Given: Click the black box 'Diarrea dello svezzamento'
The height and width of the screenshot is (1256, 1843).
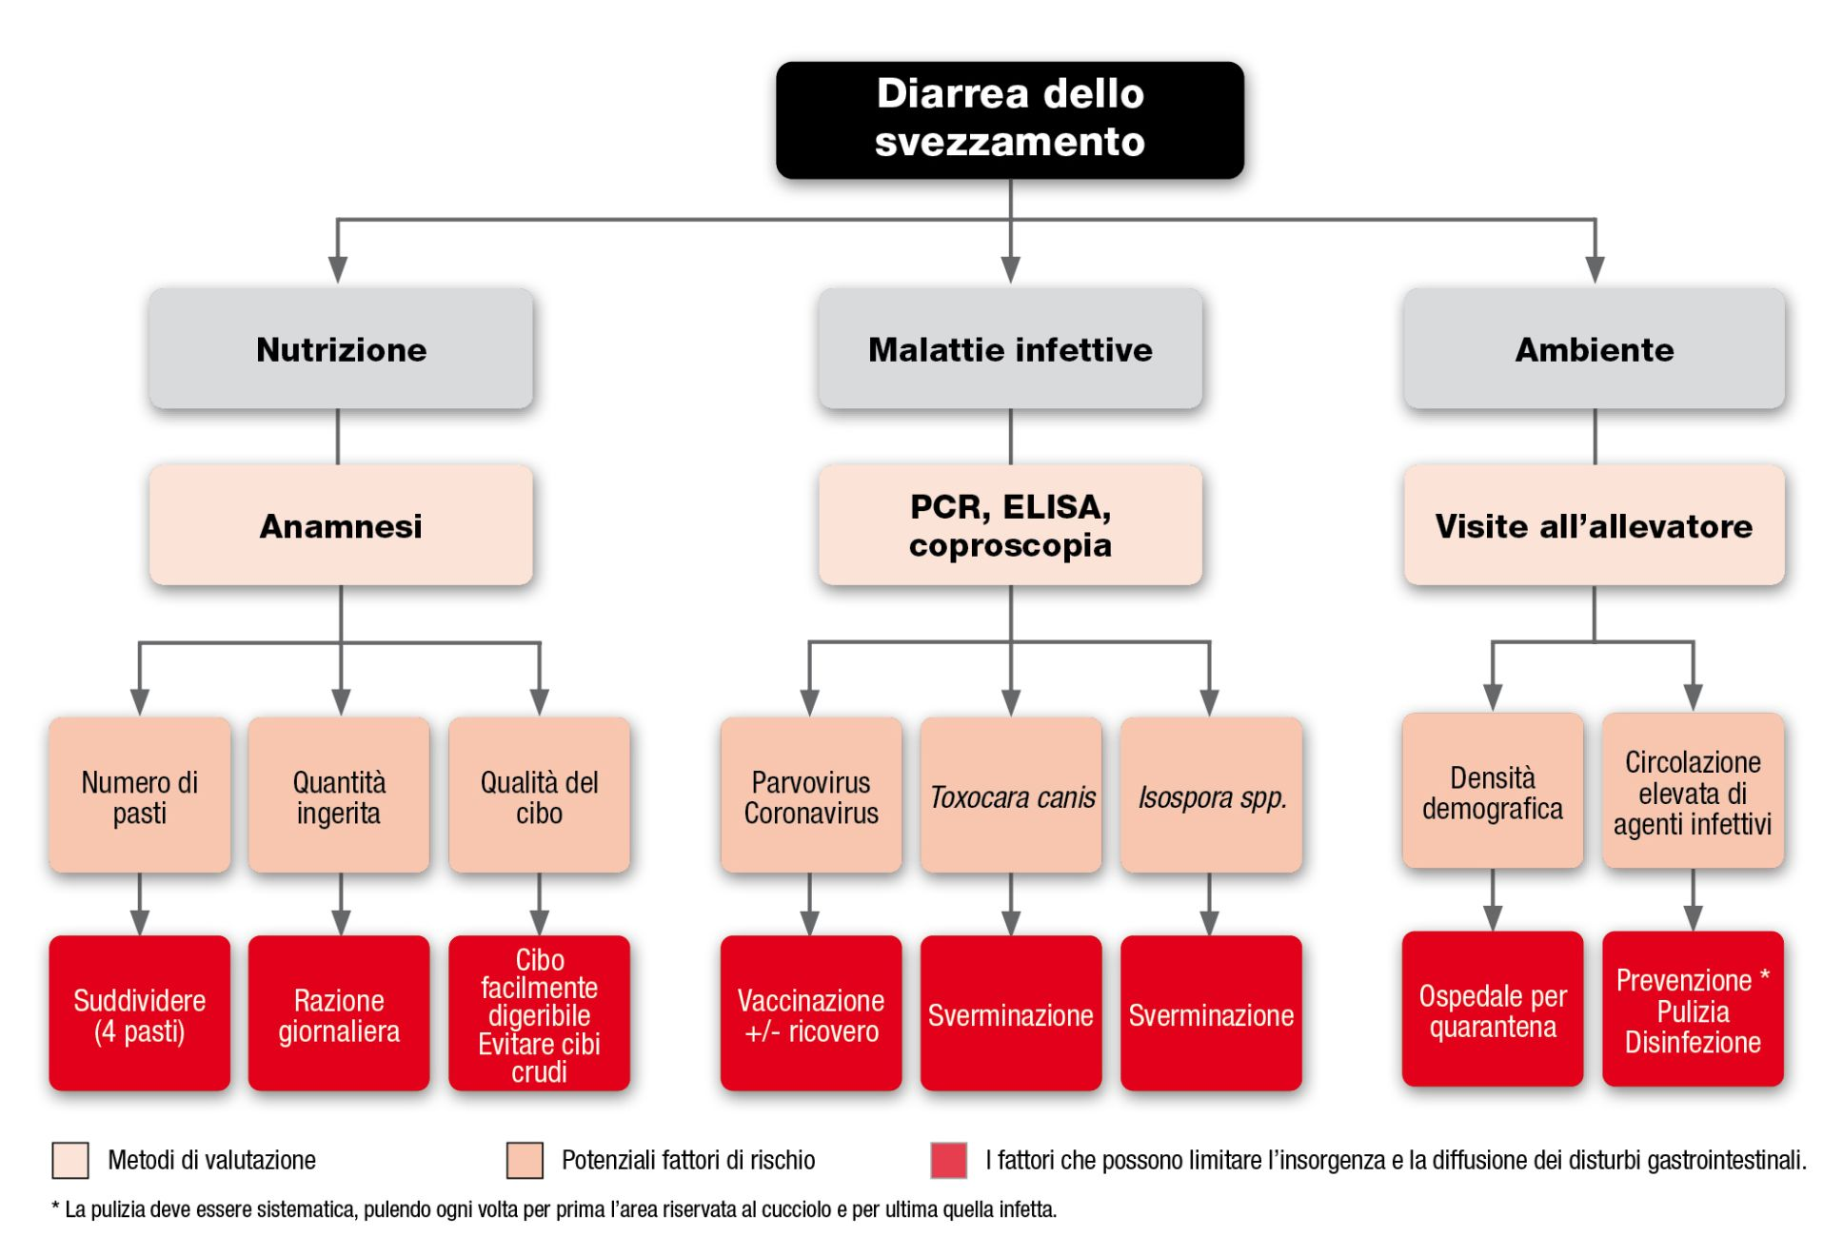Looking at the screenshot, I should pos(1009,120).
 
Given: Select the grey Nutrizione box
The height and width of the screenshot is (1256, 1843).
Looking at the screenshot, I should pos(340,349).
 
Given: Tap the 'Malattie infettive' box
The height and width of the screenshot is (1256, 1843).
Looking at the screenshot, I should pos(1009,349).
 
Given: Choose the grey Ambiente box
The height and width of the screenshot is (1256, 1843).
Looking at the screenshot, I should pos(1594,349).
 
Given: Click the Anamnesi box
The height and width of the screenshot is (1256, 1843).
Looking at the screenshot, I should pos(340,525).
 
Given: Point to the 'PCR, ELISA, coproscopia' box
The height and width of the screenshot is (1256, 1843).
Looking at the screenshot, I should pos(1009,525).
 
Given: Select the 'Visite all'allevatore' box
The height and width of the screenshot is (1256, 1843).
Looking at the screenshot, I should pos(1594,525).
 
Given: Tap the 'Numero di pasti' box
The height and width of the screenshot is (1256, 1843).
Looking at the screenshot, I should pos(139,795).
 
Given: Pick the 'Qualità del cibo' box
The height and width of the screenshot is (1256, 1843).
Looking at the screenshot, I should pos(539,795).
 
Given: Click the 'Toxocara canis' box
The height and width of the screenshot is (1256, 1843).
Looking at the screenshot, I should pos(1010,795).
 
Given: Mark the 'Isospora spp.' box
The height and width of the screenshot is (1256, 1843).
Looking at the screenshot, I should pos(1211,795).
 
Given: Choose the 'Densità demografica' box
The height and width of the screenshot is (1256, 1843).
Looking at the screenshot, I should pos(1492,791).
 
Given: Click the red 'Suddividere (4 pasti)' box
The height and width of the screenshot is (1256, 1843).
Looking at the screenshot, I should pos(139,1013).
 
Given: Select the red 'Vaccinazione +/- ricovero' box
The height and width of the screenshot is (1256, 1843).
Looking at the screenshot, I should pos(810,1013).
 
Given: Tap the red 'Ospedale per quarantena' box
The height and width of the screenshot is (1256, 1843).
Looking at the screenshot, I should pos(1492,1010).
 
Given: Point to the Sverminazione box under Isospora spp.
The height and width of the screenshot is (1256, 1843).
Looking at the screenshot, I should pos(1211,1013).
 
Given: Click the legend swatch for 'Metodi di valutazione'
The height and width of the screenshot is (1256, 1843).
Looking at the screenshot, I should pos(70,1160).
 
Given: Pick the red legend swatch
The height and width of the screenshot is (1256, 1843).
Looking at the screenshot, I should pos(948,1160).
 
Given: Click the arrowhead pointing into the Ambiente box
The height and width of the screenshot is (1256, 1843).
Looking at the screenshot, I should pos(1595,269).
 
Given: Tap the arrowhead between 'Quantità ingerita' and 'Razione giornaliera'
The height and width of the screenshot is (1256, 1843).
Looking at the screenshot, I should pos(340,922).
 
